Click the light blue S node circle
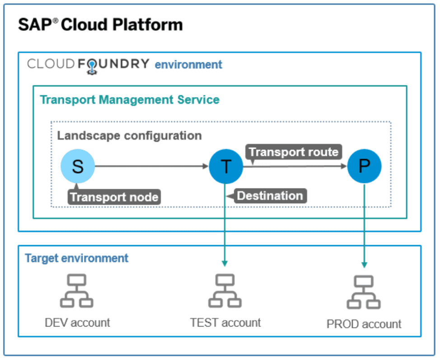coord(78,166)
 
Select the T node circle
coord(225,166)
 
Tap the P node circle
coord(364,166)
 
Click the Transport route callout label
coord(294,152)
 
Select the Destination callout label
coord(270,196)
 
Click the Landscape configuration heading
coord(129,136)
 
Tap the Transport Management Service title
coord(130,100)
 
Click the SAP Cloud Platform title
coord(100,25)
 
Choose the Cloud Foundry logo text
coord(88,64)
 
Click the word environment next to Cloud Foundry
coord(188,65)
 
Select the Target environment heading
coord(77,258)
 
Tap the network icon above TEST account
coord(225,292)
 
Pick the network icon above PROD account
coord(364,293)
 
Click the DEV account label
coord(77,323)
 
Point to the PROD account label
coord(364,324)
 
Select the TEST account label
coord(225,323)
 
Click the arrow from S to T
coord(151,166)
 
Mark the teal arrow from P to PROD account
coord(364,226)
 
